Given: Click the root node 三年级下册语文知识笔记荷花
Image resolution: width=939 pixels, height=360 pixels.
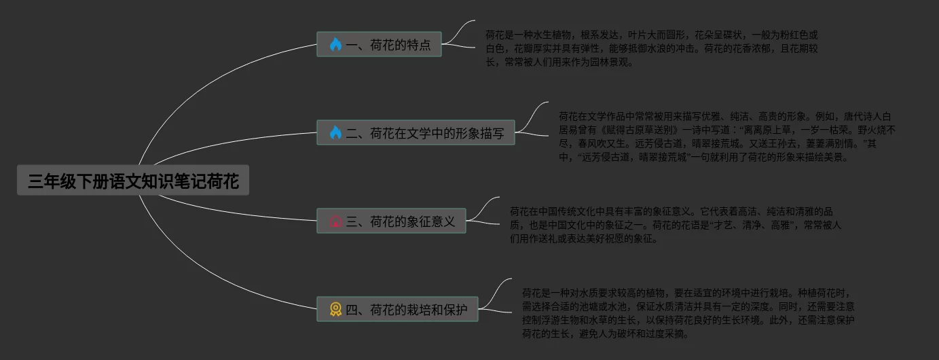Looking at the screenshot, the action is pyautogui.click(x=133, y=181).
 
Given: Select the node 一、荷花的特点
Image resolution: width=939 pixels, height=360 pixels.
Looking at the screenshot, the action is pyautogui.click(x=379, y=45).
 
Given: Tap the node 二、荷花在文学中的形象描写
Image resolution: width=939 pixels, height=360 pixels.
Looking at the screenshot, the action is pyautogui.click(x=416, y=133).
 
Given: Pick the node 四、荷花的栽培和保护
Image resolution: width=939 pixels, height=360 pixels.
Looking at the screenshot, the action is pyautogui.click(x=397, y=310).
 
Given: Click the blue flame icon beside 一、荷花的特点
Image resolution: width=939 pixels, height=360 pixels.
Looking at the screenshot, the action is pyautogui.click(x=335, y=45).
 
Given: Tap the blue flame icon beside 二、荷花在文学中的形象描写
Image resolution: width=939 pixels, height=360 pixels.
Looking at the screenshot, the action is pyautogui.click(x=335, y=133).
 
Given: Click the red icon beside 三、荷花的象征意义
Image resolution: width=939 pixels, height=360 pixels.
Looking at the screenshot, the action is pyautogui.click(x=335, y=221).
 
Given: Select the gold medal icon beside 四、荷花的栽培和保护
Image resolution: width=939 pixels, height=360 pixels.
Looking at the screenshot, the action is pyautogui.click(x=335, y=310).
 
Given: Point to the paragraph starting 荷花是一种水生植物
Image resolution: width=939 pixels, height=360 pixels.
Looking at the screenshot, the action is pyautogui.click(x=652, y=48).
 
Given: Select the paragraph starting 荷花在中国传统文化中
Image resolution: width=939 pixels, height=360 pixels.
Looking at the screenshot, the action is pyautogui.click(x=675, y=225).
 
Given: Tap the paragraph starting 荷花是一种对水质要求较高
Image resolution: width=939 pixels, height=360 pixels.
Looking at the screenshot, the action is pyautogui.click(x=688, y=313).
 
